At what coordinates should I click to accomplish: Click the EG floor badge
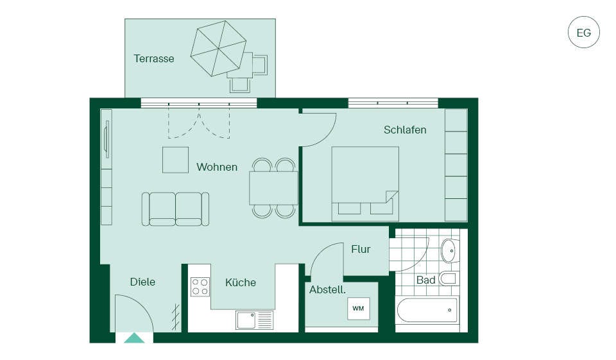[583, 32]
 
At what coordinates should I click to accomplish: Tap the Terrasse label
[153, 58]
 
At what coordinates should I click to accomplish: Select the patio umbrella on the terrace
[218, 48]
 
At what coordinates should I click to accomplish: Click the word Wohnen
[217, 167]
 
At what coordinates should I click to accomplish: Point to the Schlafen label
[405, 130]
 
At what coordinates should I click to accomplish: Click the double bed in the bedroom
[365, 184]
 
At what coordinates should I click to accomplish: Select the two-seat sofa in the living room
[175, 209]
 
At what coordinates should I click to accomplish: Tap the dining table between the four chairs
[273, 188]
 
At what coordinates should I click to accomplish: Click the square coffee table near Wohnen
[175, 160]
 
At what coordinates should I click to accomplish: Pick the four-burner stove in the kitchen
[200, 287]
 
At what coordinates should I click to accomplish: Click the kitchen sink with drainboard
[255, 320]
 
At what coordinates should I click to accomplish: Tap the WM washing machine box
[358, 309]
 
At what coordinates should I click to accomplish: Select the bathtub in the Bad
[427, 310]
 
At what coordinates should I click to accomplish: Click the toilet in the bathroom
[449, 279]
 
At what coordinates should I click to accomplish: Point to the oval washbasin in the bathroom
[450, 250]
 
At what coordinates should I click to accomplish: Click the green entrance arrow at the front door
[134, 338]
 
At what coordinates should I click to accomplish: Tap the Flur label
[361, 249]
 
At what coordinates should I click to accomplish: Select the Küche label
[241, 282]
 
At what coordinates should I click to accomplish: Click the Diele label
[142, 282]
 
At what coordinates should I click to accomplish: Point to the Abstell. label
[327, 290]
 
